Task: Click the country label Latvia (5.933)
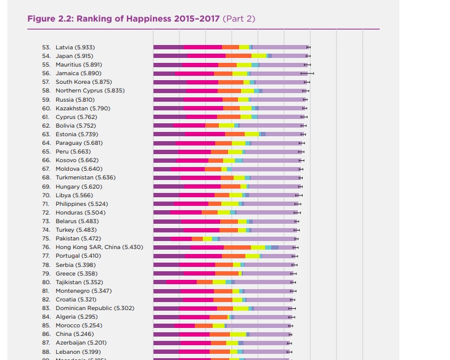(x=75, y=47)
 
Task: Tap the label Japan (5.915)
(x=74, y=55)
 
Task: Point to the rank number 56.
(x=46, y=73)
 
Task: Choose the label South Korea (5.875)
(x=83, y=81)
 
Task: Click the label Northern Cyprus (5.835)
(x=90, y=90)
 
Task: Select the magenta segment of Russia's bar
(x=203, y=99)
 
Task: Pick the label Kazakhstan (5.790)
(x=83, y=108)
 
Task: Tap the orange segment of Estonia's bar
(x=235, y=134)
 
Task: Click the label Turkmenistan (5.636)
(x=85, y=178)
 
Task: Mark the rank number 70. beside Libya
(x=46, y=195)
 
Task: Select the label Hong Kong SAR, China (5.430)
(x=99, y=247)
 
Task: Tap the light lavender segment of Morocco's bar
(x=258, y=325)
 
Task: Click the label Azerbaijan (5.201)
(x=81, y=343)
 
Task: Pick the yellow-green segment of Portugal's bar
(x=253, y=256)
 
